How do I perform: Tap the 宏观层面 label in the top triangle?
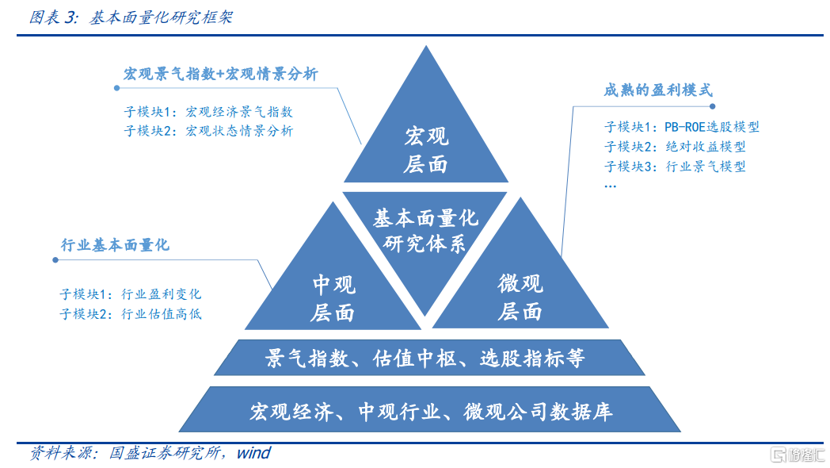(425, 150)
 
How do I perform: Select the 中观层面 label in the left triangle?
(333, 298)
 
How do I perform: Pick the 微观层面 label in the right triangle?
(520, 297)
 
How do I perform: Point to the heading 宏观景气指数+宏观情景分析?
(220, 74)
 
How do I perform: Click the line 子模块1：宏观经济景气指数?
(208, 113)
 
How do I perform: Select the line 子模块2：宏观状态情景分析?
(208, 131)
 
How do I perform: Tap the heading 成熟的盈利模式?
(657, 90)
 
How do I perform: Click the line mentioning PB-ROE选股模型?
(682, 127)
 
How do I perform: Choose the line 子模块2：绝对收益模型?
(675, 147)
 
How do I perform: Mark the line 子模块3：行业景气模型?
(675, 167)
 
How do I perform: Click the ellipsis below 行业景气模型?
(611, 186)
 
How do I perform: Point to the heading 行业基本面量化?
(116, 245)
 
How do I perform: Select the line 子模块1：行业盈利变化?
(131, 294)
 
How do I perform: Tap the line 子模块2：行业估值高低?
(131, 313)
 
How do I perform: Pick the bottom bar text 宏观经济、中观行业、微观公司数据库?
(431, 412)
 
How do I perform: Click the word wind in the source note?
(253, 454)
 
